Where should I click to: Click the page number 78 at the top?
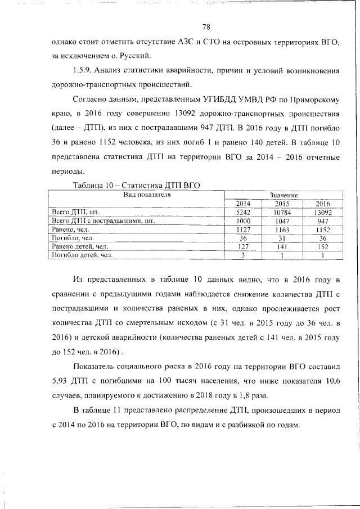coord(206,27)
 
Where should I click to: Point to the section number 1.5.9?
coord(83,71)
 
